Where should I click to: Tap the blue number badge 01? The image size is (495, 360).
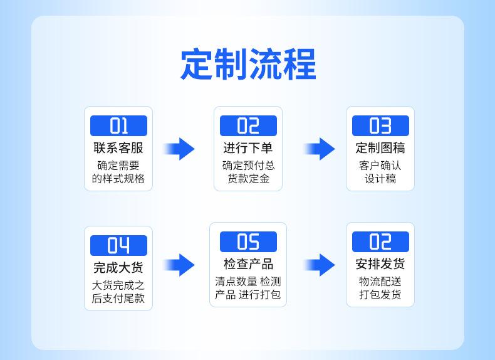(118, 126)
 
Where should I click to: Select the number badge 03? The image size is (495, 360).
(380, 126)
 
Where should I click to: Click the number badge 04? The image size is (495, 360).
(118, 245)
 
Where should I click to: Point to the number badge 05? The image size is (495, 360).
(248, 241)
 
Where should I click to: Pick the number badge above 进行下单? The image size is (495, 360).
(248, 126)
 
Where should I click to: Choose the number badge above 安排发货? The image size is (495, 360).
(380, 241)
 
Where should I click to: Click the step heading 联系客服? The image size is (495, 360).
(118, 148)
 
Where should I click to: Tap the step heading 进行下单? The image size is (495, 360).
(248, 148)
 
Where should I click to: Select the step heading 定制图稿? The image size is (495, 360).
(380, 148)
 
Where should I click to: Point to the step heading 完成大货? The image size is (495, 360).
(118, 268)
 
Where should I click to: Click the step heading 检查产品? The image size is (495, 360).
(248, 264)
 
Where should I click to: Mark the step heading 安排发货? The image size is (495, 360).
(380, 264)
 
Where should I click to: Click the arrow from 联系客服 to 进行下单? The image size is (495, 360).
(180, 149)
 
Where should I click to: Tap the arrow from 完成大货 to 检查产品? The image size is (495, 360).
(180, 265)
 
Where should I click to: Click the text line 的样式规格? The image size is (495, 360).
(118, 179)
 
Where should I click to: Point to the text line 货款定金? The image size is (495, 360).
(248, 179)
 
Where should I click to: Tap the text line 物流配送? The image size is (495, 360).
(380, 282)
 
